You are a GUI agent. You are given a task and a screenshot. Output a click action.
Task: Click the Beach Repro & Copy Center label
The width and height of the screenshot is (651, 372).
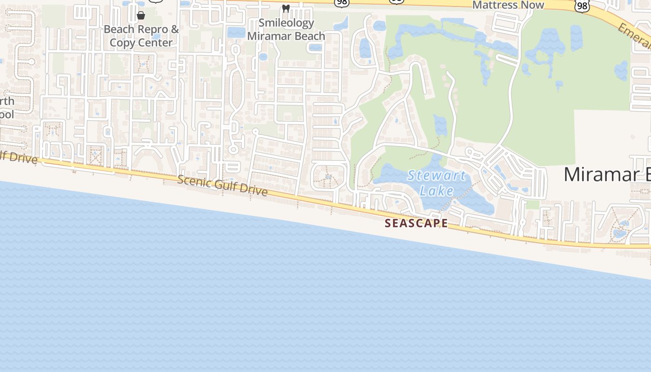(141, 36)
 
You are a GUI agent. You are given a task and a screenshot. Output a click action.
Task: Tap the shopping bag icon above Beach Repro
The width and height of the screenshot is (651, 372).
(141, 15)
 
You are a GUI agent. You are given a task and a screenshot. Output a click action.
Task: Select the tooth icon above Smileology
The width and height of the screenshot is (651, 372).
(286, 9)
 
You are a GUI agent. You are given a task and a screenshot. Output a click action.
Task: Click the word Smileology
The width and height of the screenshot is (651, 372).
(286, 23)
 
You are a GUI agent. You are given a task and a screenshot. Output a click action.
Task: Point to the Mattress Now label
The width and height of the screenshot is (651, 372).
(508, 5)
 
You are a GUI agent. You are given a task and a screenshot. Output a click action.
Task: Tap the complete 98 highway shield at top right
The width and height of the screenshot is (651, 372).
(582, 6)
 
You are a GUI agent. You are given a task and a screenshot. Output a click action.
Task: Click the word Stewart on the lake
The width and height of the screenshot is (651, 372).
(436, 176)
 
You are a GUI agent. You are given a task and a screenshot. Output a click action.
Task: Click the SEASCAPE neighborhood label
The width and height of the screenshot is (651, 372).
(416, 223)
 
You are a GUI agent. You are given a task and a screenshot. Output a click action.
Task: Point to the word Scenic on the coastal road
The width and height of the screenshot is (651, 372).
(193, 181)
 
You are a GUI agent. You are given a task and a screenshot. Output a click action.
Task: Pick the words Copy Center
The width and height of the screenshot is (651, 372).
(141, 43)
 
